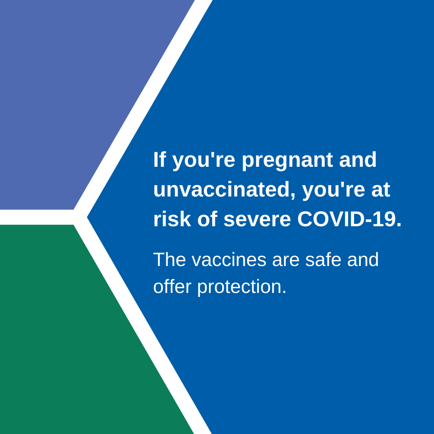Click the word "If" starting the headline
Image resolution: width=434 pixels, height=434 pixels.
[x=159, y=160]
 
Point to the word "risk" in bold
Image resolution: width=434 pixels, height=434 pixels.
[x=172, y=219]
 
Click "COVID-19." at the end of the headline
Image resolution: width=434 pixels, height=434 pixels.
[x=349, y=219]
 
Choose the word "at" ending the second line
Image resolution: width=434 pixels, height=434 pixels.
[x=381, y=190]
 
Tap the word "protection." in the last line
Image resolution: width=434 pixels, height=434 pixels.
[x=242, y=287]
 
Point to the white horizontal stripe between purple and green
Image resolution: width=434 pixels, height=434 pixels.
[x=36, y=217]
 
